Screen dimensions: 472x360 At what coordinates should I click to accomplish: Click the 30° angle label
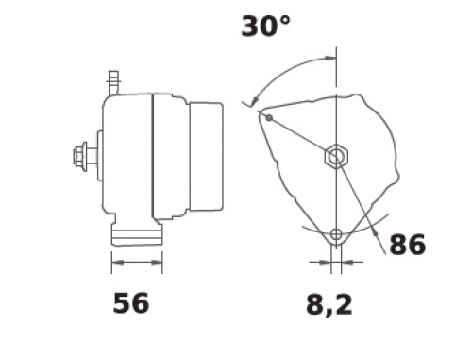(x=265, y=26)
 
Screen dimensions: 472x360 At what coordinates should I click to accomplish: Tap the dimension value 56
(x=130, y=303)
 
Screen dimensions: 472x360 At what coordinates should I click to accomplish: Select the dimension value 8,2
(x=329, y=305)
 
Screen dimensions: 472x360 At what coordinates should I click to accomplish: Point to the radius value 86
(x=408, y=245)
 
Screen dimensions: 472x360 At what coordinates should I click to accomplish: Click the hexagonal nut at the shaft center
(x=336, y=156)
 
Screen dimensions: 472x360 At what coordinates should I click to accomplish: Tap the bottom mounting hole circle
(x=336, y=234)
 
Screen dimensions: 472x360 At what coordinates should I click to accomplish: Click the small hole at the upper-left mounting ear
(x=269, y=118)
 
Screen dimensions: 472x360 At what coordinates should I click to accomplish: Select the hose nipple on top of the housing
(x=114, y=83)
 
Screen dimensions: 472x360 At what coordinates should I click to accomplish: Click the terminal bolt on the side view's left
(x=83, y=156)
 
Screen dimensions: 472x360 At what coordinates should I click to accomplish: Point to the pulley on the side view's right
(x=206, y=157)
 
